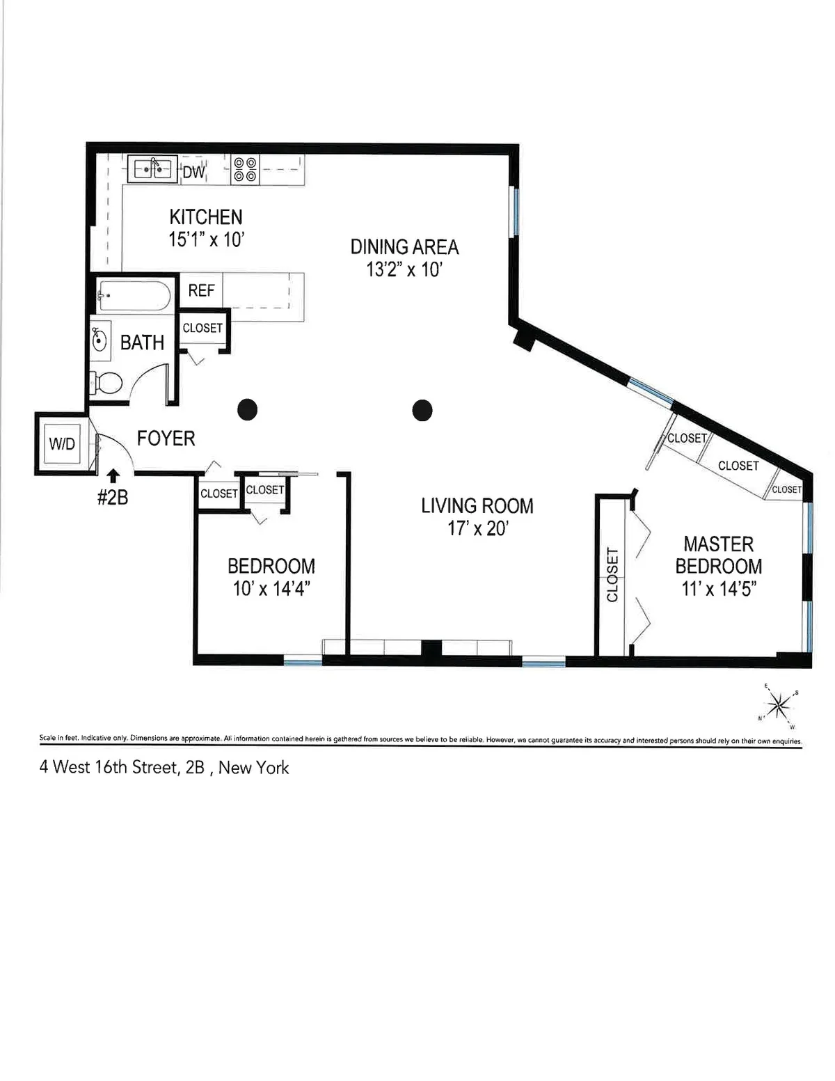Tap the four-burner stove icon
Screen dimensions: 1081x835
pyautogui.click(x=244, y=169)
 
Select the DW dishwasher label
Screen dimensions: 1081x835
pyautogui.click(x=193, y=172)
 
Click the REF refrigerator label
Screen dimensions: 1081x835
pyautogui.click(x=201, y=290)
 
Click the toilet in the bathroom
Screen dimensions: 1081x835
pyautogui.click(x=106, y=383)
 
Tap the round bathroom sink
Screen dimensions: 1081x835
pyautogui.click(x=100, y=342)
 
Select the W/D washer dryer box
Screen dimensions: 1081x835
pyautogui.click(x=62, y=443)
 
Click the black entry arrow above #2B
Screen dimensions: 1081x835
pyautogui.click(x=113, y=475)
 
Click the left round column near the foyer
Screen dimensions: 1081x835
pyautogui.click(x=247, y=410)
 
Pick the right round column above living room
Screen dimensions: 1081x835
pyautogui.click(x=422, y=411)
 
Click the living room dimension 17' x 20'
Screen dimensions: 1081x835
pyautogui.click(x=477, y=528)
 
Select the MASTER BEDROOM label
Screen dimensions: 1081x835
pyautogui.click(x=718, y=555)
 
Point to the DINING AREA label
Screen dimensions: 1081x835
pyautogui.click(x=404, y=247)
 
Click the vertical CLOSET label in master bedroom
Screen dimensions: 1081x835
pyautogui.click(x=612, y=574)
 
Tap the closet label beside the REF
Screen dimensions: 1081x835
pyautogui.click(x=202, y=328)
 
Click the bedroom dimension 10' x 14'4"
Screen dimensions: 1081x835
pyautogui.click(x=271, y=588)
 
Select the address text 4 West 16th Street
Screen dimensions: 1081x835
pyautogui.click(x=164, y=767)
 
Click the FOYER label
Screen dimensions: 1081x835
pyautogui.click(x=166, y=438)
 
